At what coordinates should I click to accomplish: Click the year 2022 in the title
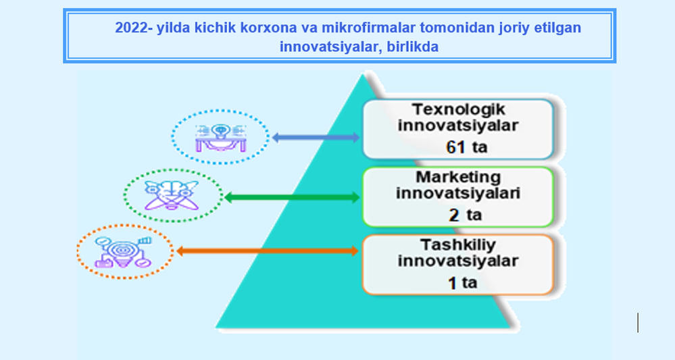point(131,28)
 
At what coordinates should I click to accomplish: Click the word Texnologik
point(458,109)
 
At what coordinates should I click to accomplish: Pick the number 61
point(456,147)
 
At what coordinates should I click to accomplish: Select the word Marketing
point(458,177)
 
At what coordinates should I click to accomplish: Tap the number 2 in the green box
point(454,215)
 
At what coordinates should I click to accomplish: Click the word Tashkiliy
point(458,245)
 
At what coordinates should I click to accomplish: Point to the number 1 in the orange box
point(453,283)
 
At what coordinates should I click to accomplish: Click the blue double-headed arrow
point(316,138)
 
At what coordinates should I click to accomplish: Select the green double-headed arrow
point(292,197)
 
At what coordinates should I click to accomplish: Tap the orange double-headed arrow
point(268,251)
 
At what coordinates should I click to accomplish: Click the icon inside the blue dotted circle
point(221,138)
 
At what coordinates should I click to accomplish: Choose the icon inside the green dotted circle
point(172,195)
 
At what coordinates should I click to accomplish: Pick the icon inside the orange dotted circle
point(123,252)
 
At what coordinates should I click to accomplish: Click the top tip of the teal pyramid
point(364,75)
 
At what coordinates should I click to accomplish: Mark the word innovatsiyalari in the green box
point(458,193)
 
